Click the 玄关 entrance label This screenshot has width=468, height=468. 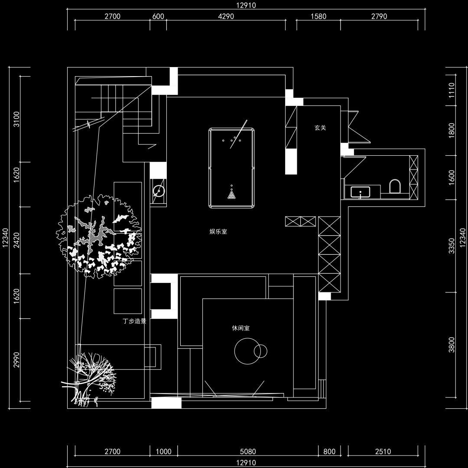tap(320, 128)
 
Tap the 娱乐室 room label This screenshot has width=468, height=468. tap(218, 232)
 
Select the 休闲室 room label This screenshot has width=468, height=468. tap(241, 328)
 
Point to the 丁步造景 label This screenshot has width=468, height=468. tap(134, 321)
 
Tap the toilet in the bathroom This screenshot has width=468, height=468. tap(395, 187)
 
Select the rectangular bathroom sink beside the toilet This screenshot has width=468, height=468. tap(360, 192)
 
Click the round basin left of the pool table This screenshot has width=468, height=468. tap(159, 191)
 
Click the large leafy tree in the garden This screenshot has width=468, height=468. tap(99, 237)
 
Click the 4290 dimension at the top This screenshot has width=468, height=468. tap(226, 16)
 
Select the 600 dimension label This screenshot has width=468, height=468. tap(158, 16)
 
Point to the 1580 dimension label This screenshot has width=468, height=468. tap(318, 16)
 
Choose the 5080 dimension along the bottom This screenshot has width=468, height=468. tap(248, 452)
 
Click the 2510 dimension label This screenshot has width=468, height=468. tap(383, 452)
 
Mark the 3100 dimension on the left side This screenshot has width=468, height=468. tap(17, 119)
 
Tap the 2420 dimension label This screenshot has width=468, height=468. tap(17, 240)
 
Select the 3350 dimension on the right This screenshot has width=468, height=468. tap(452, 245)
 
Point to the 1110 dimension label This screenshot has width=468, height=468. tap(452, 90)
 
